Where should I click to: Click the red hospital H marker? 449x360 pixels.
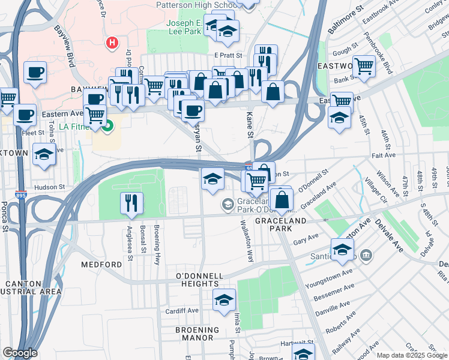click(111, 43)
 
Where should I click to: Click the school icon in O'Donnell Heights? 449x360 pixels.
click(224, 299)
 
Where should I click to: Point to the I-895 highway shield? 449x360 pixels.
click(20, 195)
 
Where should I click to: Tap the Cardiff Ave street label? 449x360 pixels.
click(182, 311)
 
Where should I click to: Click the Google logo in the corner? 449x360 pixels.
click(20, 353)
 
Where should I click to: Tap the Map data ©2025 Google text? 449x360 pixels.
click(412, 355)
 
